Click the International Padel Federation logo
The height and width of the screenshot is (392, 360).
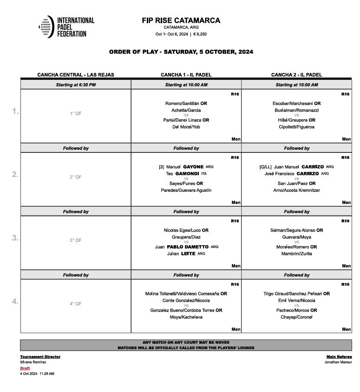(x=66, y=27)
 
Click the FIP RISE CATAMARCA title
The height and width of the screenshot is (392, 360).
(x=181, y=20)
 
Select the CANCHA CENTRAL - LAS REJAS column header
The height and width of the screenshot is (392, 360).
(x=76, y=75)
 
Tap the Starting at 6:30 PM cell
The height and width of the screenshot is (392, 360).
(x=76, y=85)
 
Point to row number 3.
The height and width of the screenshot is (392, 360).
(x=15, y=238)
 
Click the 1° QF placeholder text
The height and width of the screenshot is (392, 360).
(x=76, y=113)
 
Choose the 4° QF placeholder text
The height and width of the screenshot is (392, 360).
(x=76, y=304)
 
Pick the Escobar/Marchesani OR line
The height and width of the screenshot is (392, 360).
(x=296, y=104)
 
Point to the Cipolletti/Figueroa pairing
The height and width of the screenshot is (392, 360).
(x=296, y=127)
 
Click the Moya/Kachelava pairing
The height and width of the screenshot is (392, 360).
(x=186, y=317)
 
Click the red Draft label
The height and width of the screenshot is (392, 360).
(x=25, y=368)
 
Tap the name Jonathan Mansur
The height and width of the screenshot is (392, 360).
(x=338, y=362)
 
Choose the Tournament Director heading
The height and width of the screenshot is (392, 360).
(x=40, y=357)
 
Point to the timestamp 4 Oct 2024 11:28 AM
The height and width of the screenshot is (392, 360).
(x=37, y=373)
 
